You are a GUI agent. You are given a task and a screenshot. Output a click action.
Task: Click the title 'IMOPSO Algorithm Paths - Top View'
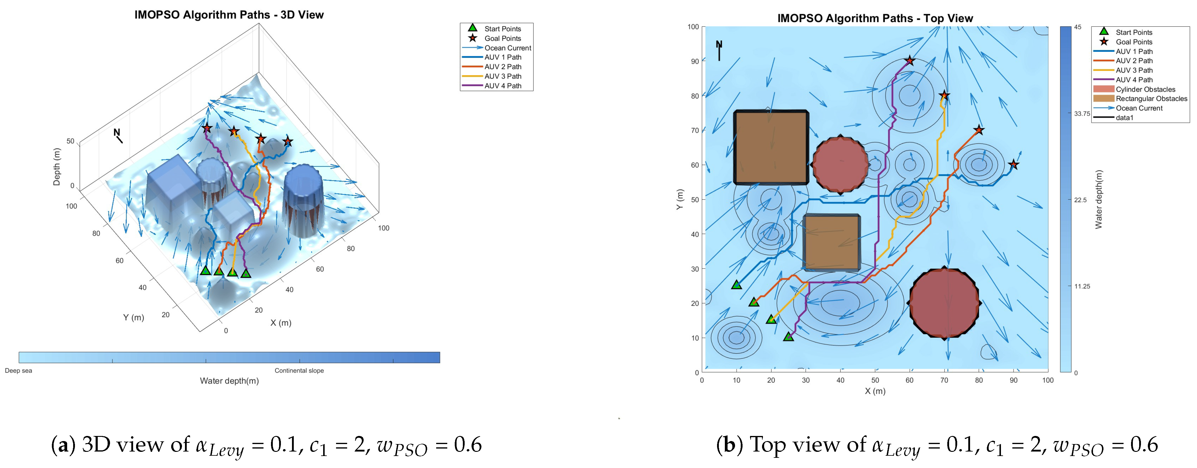tap(875, 19)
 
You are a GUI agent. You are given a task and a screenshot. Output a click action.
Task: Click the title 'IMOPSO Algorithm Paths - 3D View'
tap(229, 15)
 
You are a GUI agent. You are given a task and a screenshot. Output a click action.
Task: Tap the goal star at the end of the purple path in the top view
tap(910, 61)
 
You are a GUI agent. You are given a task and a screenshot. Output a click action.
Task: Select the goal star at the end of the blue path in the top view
tap(1014, 164)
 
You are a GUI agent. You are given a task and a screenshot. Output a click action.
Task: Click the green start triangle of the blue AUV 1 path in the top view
tap(737, 285)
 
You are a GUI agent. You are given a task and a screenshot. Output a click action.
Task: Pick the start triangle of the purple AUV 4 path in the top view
tap(788, 337)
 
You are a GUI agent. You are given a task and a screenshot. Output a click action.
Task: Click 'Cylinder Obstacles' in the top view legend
tap(1145, 89)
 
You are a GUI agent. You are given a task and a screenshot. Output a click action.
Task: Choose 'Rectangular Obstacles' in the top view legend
tap(1151, 99)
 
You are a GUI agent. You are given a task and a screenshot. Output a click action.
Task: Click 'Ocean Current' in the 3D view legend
tap(508, 48)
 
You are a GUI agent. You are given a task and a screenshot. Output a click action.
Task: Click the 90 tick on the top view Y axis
tap(695, 61)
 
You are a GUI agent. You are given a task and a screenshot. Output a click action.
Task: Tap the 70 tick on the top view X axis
tap(944, 380)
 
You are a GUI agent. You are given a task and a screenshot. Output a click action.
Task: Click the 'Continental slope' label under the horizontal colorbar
tap(299, 370)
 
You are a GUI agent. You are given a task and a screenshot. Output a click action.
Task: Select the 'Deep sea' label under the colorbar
tap(19, 370)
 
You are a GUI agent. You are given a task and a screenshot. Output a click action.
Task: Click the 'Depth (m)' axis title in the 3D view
tap(57, 167)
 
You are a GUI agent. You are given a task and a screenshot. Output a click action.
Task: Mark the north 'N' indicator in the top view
tap(719, 45)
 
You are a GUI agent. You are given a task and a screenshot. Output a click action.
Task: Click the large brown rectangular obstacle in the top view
tap(771, 148)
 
